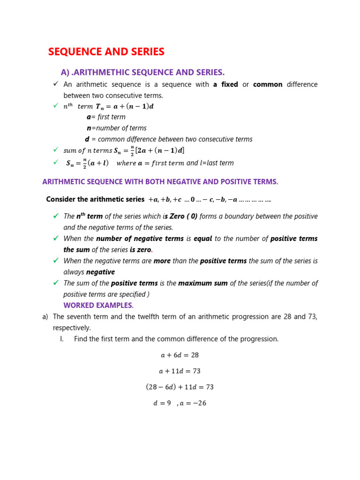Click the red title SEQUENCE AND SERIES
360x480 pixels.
tap(106, 52)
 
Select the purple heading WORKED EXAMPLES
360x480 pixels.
tap(98, 306)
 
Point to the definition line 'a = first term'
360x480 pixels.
tap(106, 117)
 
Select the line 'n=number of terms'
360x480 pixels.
tap(116, 128)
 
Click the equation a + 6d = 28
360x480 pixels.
tap(180, 355)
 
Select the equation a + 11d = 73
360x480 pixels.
tap(180, 371)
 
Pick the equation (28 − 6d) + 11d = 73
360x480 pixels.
tap(180, 387)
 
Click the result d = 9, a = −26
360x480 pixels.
tap(180, 403)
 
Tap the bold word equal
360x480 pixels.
tap(203, 239)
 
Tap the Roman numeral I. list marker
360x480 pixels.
tap(62, 339)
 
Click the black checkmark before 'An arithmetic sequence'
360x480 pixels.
tap(55, 84)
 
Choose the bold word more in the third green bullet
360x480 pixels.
tap(162, 261)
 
